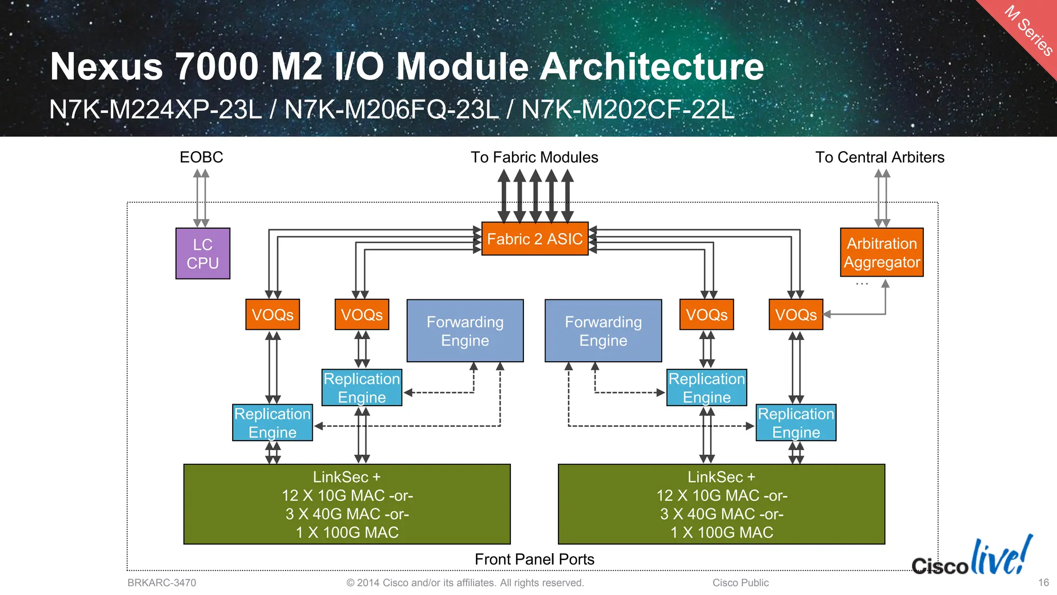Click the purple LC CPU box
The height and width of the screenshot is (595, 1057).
coord(203,253)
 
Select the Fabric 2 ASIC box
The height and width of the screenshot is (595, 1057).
coord(535,239)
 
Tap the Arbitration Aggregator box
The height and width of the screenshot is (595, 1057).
coord(882,252)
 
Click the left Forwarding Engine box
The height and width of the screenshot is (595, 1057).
coord(465,331)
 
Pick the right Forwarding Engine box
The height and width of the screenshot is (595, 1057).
coord(603,331)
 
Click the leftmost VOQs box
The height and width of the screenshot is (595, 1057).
coord(273,314)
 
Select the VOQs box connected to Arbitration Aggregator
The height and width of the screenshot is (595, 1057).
coord(796,314)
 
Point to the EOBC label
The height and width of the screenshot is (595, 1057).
coord(201,157)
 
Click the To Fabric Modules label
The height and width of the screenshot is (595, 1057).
coord(534,157)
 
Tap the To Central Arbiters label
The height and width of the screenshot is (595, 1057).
coord(879,157)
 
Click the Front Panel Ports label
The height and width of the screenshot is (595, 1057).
coord(534,559)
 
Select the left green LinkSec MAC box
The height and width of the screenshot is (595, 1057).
coord(347,504)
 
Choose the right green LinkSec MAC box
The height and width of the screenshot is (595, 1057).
coord(722,504)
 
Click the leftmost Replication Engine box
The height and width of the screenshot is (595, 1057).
coord(273,423)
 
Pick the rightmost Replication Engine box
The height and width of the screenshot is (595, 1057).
coord(796,423)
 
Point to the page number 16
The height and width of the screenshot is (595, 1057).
coord(1043,583)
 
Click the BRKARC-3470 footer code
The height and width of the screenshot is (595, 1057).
coord(162,583)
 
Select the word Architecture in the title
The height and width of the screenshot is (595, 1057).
coord(651,67)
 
